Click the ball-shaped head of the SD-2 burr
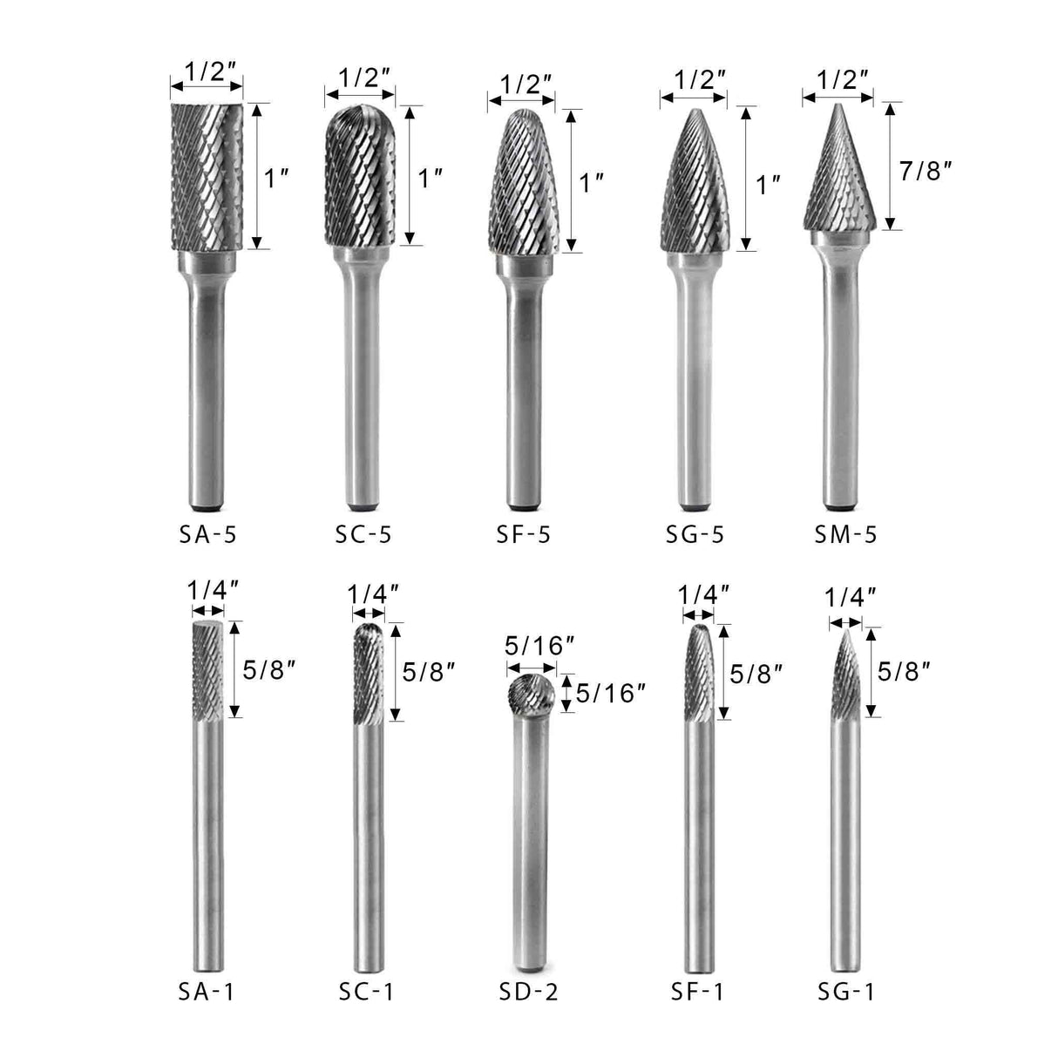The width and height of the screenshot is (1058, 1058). pyautogui.click(x=529, y=693)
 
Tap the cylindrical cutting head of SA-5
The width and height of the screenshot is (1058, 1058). pyautogui.click(x=206, y=174)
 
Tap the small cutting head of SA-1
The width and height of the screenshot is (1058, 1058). pyautogui.click(x=207, y=671)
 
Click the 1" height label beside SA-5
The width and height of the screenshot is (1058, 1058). pyautogui.click(x=276, y=179)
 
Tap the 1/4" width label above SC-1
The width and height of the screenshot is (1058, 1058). pyautogui.click(x=372, y=595)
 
